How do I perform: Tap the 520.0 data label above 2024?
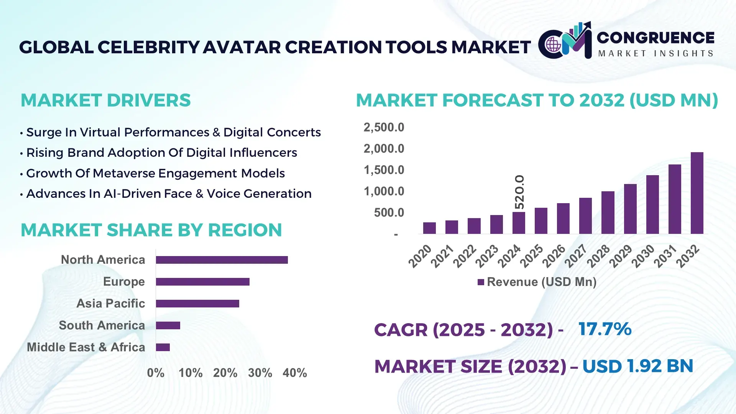pyautogui.click(x=519, y=192)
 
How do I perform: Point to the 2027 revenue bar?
pyautogui.click(x=585, y=216)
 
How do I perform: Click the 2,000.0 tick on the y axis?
pyautogui.click(x=384, y=149)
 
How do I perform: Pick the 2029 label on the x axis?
pyautogui.click(x=620, y=256)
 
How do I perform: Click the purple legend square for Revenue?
pyautogui.click(x=481, y=282)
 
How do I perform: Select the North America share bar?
pyautogui.click(x=222, y=260)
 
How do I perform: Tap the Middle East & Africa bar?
pyautogui.click(x=163, y=347)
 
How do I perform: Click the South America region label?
pyautogui.click(x=102, y=325)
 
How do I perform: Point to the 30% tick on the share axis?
pyautogui.click(x=260, y=373)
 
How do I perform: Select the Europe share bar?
pyautogui.click(x=202, y=282)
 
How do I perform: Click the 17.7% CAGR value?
pyautogui.click(x=605, y=329)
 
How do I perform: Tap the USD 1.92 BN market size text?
pyautogui.click(x=637, y=366)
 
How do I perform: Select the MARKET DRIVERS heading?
pyautogui.click(x=105, y=100)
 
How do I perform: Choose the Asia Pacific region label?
pyautogui.click(x=110, y=304)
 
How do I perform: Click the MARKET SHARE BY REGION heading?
pyautogui.click(x=151, y=230)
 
